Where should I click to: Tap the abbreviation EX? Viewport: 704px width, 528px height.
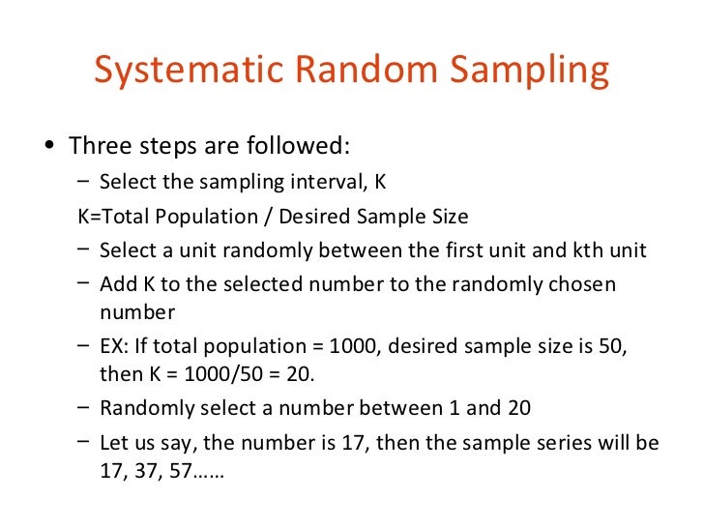click(115, 346)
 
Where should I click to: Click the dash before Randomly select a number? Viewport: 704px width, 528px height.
click(84, 408)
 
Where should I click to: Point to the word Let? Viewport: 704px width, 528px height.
click(114, 443)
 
